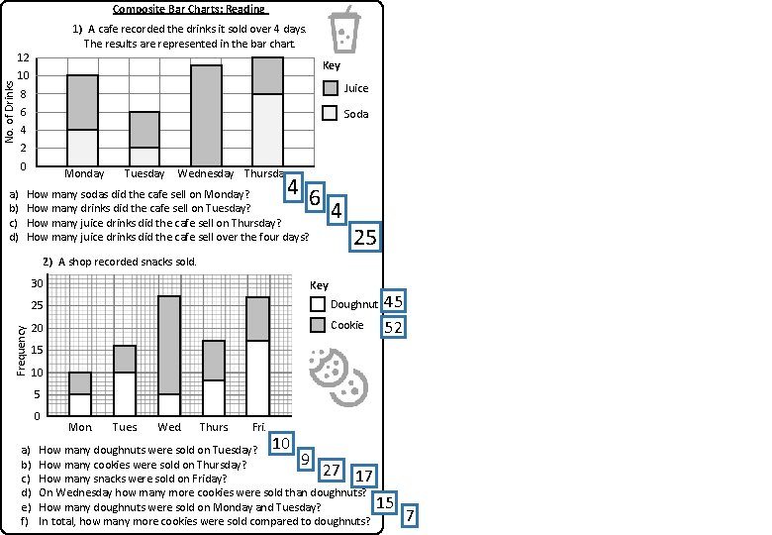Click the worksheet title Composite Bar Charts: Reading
point(188,9)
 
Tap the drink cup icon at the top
point(344,30)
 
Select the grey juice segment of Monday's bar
point(82,102)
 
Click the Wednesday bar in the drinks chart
point(206,115)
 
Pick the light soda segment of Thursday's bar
point(267,129)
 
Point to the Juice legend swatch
point(331,88)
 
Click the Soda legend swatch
point(331,114)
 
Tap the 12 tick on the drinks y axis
point(33,57)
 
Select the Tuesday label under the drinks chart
point(145,173)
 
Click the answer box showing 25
point(365,237)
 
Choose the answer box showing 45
point(393,301)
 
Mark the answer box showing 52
point(393,325)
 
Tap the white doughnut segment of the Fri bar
point(257,377)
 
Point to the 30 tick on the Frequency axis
point(36,283)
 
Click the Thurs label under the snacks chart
point(213,428)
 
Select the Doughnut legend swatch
point(318,304)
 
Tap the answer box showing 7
point(410,515)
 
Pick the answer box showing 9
point(306,459)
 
